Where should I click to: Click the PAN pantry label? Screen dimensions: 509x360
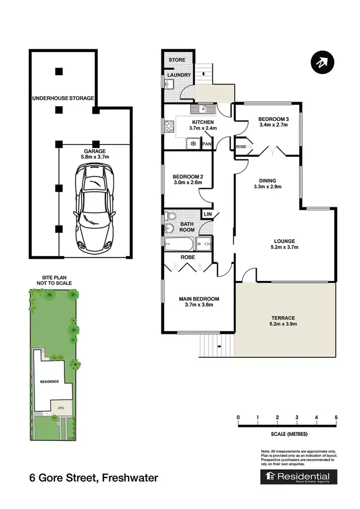click(207, 144)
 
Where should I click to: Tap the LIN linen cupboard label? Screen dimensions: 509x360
click(208, 214)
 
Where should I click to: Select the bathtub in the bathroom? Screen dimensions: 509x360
click(179, 245)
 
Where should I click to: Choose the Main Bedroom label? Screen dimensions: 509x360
click(199, 299)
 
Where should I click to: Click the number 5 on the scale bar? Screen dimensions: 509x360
click(336, 417)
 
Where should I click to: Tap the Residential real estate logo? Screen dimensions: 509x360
click(299, 477)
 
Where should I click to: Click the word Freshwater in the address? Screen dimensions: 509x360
click(130, 478)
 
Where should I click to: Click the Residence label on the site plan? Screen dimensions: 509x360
click(49, 382)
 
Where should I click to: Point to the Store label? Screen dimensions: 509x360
click(177, 60)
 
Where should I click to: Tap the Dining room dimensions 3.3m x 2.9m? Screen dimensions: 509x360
click(268, 187)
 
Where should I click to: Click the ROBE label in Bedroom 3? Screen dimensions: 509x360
click(240, 147)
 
